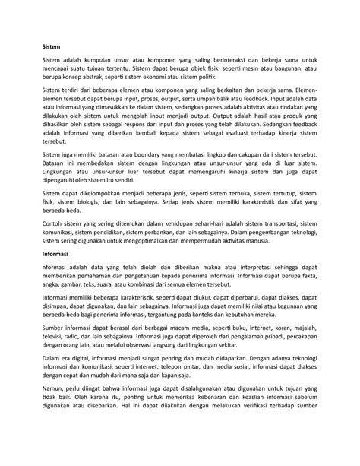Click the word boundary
click(x=151, y=173)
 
